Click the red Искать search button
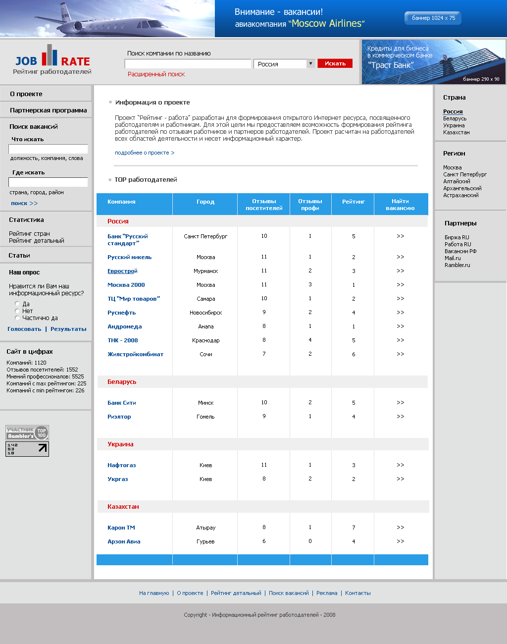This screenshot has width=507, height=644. [335, 63]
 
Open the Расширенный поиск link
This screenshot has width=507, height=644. [156, 74]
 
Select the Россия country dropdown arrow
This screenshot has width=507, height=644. [311, 63]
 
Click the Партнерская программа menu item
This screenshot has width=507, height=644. [48, 110]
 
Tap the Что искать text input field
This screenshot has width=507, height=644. [48, 149]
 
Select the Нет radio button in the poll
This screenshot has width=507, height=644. [17, 311]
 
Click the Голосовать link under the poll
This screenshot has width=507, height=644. [24, 329]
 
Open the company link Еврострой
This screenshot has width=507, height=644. [122, 271]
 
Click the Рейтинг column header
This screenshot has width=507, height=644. [353, 202]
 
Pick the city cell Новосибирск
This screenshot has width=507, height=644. [205, 313]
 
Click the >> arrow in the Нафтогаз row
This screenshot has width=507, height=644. [400, 465]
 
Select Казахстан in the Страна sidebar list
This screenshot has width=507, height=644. [456, 132]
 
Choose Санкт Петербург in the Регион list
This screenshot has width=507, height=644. [464, 174]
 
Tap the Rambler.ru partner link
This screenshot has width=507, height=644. [457, 265]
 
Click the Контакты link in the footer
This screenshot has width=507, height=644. [357, 593]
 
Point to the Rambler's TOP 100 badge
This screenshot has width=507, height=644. [27, 432]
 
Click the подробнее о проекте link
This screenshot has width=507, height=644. [145, 153]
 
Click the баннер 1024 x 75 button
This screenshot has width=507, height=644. [433, 18]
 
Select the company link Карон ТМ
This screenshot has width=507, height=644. [121, 528]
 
